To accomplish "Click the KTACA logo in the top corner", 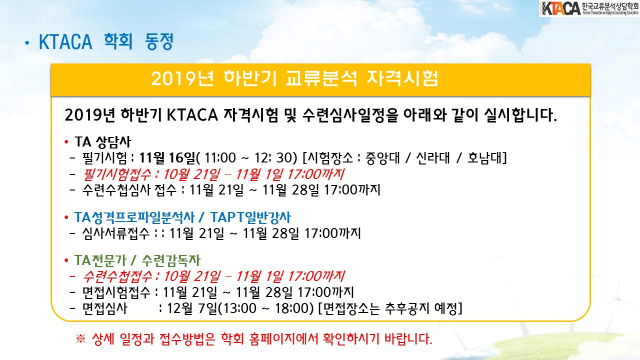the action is [x=589, y=8].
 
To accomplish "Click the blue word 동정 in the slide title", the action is [x=159, y=41].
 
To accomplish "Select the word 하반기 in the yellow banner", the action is [x=250, y=78].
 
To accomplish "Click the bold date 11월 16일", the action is [x=167, y=157].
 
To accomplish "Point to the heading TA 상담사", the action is [x=103, y=141].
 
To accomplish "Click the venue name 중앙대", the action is [x=382, y=157].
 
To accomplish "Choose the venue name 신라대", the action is [x=432, y=157].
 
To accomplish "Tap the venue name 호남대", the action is [x=484, y=157].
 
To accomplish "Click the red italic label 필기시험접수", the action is [x=117, y=174].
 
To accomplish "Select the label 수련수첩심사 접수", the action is [x=129, y=190].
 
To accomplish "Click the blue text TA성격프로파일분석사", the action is [x=134, y=217].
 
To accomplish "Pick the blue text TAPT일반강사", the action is [x=250, y=217].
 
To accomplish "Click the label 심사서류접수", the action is [x=116, y=233].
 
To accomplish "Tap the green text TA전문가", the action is [x=100, y=260].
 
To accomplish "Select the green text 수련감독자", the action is [x=171, y=260].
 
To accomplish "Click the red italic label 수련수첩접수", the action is [x=117, y=276].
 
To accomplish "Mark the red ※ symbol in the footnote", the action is [x=80, y=339].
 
